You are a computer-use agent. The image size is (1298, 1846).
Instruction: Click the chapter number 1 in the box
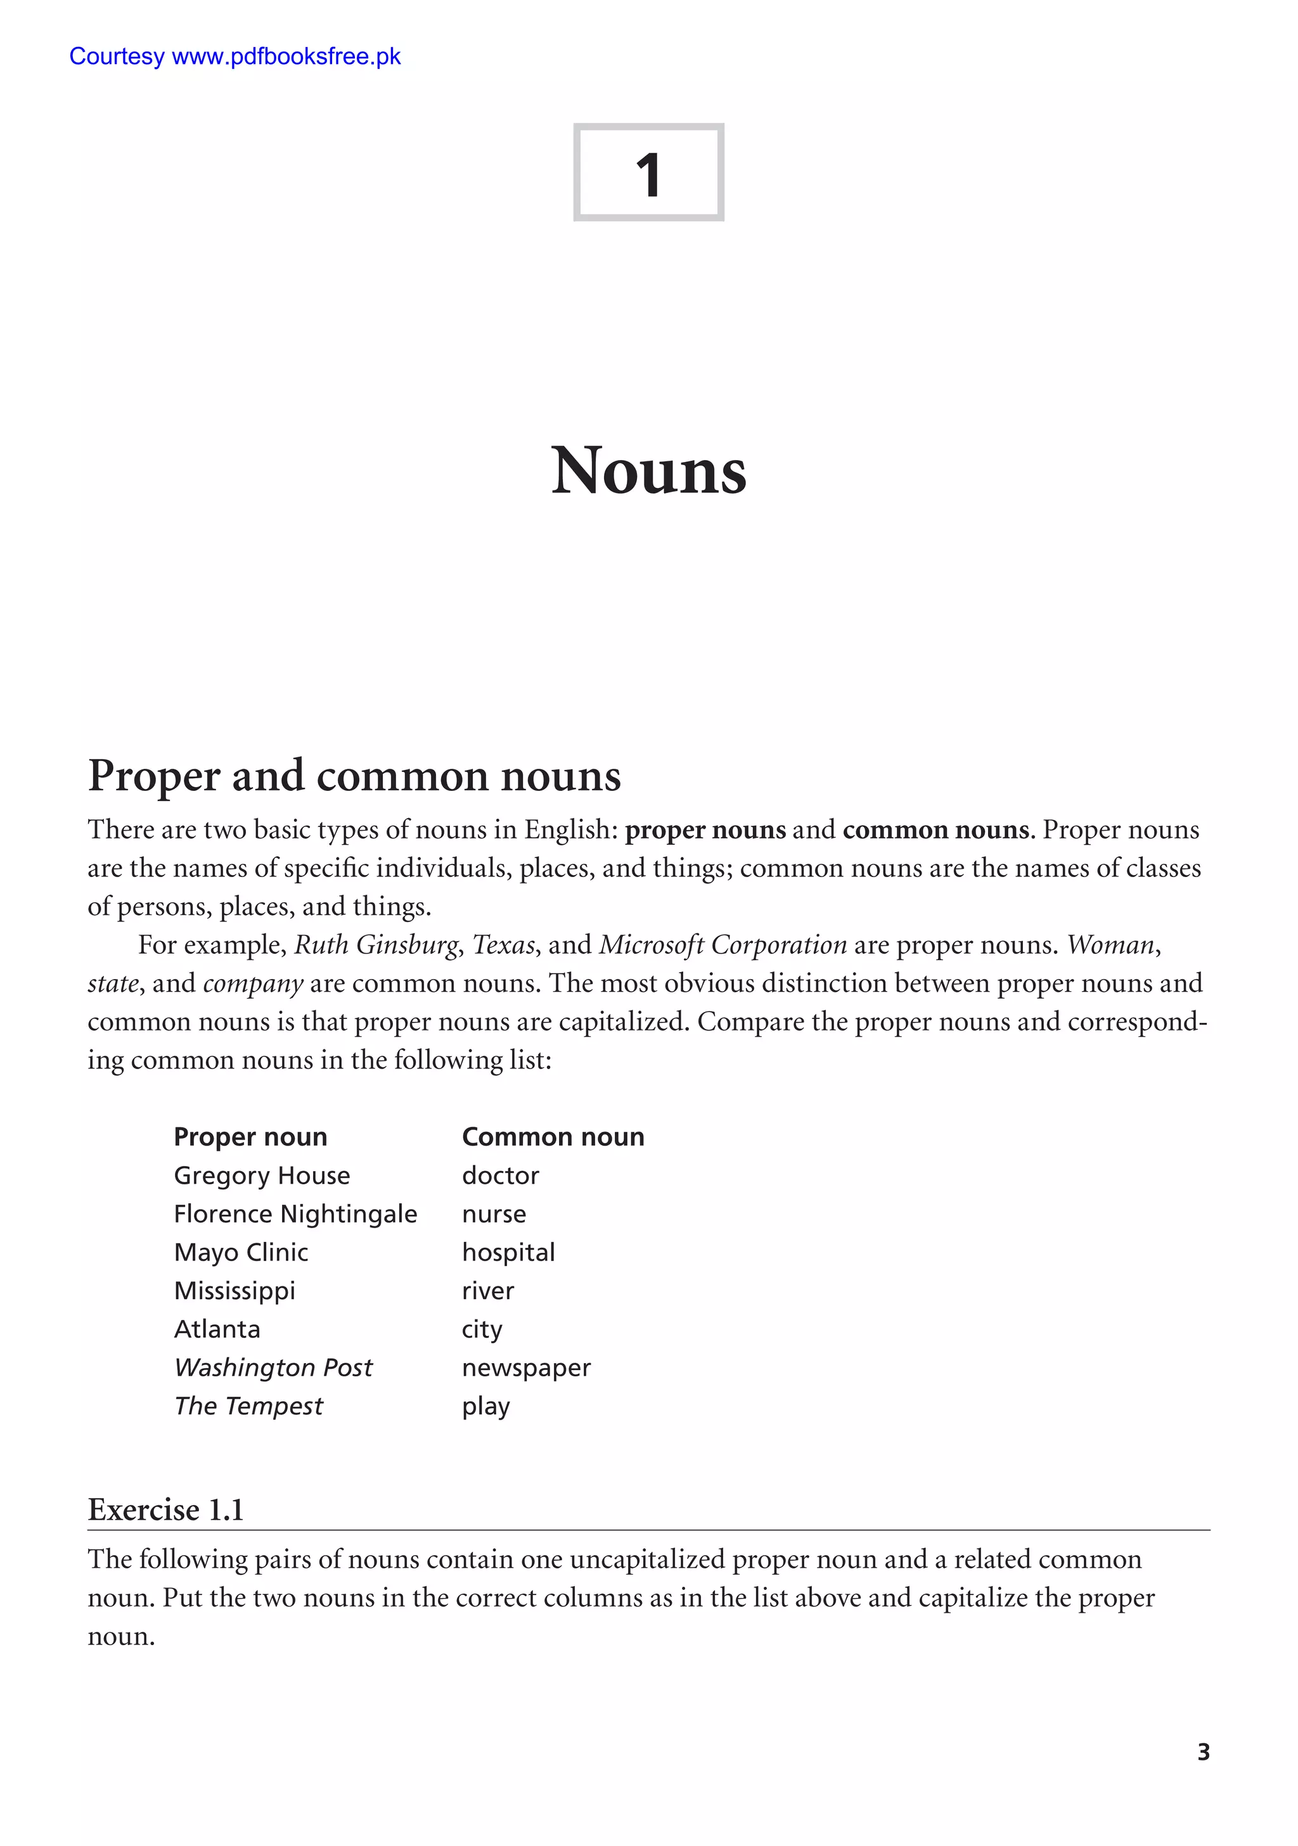point(648,174)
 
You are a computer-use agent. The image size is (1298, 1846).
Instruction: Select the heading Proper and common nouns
point(354,776)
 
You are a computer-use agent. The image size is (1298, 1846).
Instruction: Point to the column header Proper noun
point(250,1137)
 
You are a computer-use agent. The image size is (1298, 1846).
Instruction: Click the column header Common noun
point(553,1137)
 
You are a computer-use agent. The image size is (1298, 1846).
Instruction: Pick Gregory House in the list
point(261,1176)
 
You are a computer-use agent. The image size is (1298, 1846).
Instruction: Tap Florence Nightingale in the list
point(295,1214)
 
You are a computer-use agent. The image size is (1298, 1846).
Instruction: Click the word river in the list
point(487,1290)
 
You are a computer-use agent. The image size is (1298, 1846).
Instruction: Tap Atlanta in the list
point(217,1329)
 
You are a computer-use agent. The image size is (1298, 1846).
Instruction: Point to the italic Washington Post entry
point(273,1368)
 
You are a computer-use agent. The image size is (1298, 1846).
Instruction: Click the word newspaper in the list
point(526,1368)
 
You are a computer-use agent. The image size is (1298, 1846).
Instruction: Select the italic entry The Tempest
point(248,1406)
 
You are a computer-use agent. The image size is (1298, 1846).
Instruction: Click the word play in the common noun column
point(485,1406)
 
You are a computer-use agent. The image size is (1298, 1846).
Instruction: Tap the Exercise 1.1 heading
point(165,1510)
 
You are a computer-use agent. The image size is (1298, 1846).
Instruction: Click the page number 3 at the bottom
point(1203,1752)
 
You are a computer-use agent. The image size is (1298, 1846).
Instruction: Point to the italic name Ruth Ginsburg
point(376,945)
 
